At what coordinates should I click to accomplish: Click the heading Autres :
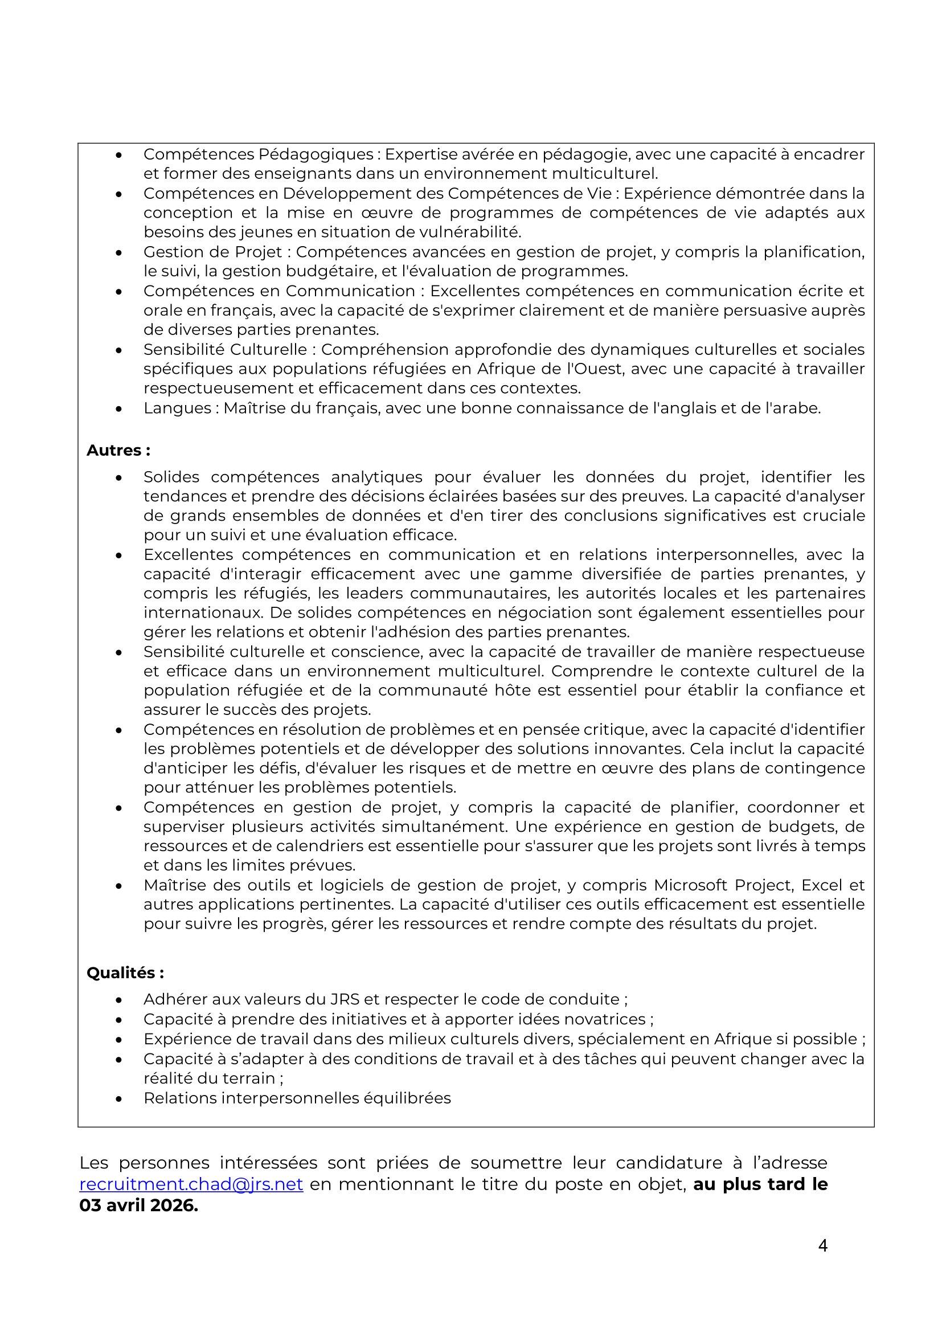(x=118, y=450)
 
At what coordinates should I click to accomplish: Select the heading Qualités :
(x=125, y=973)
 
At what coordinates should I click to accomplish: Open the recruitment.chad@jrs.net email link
(x=191, y=1184)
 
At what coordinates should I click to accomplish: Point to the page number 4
(x=822, y=1245)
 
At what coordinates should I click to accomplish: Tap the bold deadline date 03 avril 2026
(x=138, y=1206)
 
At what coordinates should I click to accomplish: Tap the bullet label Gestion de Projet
(x=212, y=252)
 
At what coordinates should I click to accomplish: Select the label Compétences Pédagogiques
(x=258, y=154)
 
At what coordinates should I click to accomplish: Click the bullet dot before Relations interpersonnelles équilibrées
(x=119, y=1099)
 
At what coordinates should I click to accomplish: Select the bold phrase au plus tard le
(x=760, y=1184)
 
